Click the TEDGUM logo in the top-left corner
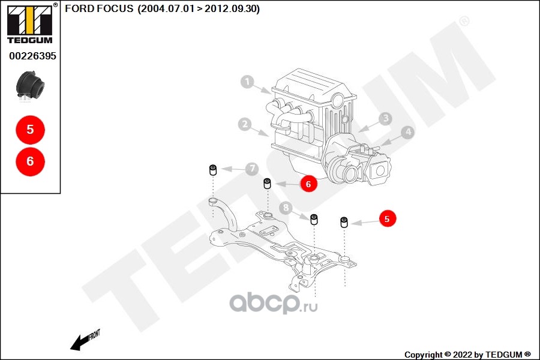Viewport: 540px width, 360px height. tap(29, 25)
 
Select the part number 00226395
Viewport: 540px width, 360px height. tap(32, 56)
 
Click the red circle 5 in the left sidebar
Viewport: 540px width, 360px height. tap(30, 130)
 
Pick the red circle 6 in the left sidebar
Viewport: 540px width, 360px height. tap(30, 161)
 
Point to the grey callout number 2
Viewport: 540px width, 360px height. tap(244, 124)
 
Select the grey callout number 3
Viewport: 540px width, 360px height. tap(385, 119)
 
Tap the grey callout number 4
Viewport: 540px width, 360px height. tap(407, 132)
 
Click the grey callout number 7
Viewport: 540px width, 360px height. tap(252, 169)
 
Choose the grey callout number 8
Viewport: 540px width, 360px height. tap(286, 208)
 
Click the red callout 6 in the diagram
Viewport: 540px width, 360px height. tap(308, 184)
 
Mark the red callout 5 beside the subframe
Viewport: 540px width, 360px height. tap(387, 220)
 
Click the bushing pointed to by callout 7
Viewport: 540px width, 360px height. tap(212, 170)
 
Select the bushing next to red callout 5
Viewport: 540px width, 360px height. tap(344, 222)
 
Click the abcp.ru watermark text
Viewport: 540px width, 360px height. tap(274, 304)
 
